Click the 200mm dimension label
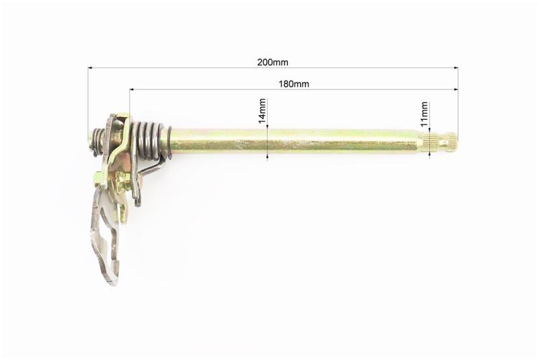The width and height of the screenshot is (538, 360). point(272,62)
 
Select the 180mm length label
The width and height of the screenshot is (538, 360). point(294,83)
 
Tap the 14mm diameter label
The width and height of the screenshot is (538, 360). point(262,111)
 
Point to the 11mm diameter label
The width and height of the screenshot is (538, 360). point(424,114)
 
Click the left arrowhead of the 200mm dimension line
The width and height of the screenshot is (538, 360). point(90,68)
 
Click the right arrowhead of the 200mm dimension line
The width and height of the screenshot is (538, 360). point(456,68)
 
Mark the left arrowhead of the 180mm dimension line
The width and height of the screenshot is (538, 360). point(132,90)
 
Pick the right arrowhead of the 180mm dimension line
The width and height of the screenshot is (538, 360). point(456,90)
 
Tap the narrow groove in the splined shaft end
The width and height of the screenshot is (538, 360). point(445,143)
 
